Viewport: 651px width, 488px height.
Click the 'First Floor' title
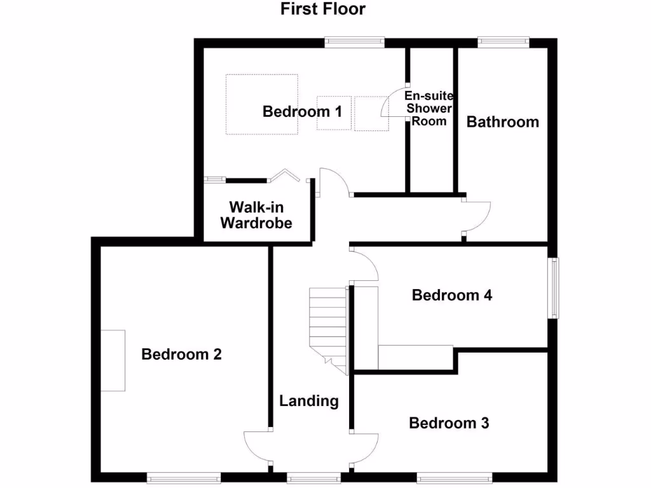(x=323, y=10)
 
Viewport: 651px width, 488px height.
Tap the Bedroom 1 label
(x=303, y=112)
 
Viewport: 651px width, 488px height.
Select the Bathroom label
(x=503, y=121)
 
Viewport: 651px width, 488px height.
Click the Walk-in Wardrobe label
(x=256, y=215)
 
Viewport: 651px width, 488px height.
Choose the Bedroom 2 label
(x=181, y=355)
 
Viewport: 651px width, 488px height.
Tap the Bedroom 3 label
(x=449, y=423)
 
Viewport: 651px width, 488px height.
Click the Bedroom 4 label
(x=452, y=295)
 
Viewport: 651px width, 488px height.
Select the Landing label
(x=309, y=401)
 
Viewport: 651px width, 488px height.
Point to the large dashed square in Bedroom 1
(x=262, y=104)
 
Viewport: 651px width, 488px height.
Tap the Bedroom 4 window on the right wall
(x=555, y=287)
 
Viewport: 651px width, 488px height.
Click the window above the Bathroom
(x=503, y=42)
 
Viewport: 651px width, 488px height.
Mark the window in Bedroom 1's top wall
(x=355, y=42)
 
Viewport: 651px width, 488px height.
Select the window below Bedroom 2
(x=184, y=477)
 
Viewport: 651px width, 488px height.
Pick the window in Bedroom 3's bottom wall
(x=454, y=477)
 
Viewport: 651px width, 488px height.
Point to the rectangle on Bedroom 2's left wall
(x=113, y=360)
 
